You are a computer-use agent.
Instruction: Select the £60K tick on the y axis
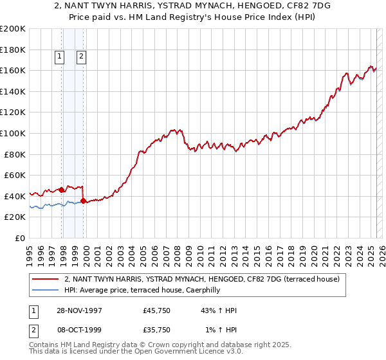[15, 175]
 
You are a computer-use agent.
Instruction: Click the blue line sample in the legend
[46, 290]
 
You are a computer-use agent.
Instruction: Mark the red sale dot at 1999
[84, 201]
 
